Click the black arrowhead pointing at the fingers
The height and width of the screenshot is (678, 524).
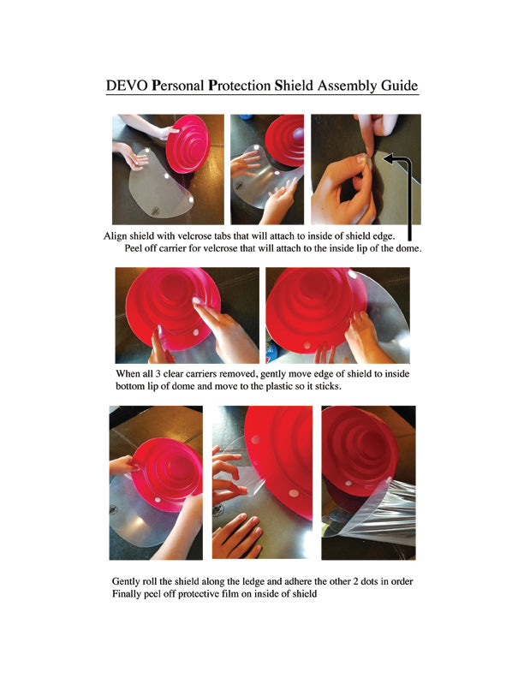(388, 158)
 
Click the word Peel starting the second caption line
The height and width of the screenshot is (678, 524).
(134, 248)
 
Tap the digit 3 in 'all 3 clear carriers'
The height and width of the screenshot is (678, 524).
(158, 373)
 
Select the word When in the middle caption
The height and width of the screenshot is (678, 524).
(128, 373)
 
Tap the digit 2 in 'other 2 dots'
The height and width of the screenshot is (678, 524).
(356, 581)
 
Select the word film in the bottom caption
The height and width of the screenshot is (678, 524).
(230, 594)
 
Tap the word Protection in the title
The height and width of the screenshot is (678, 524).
(240, 86)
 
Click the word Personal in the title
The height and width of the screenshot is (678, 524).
(178, 86)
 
